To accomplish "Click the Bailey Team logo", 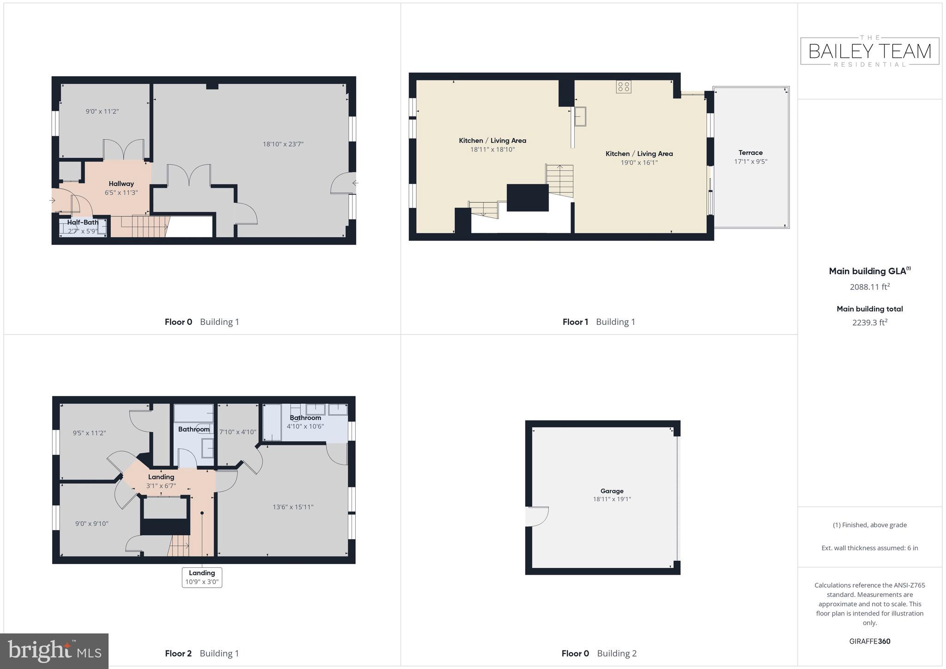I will (x=870, y=51).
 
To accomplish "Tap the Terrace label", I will (x=750, y=152).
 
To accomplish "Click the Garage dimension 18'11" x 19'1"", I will (x=612, y=499).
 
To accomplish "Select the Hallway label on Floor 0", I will (x=121, y=184).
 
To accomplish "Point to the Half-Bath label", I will (x=83, y=222).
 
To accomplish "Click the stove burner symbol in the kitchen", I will (x=623, y=86).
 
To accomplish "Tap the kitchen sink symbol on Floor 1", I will (x=580, y=116).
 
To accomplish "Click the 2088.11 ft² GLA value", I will (x=869, y=287).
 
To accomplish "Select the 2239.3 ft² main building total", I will (x=869, y=322).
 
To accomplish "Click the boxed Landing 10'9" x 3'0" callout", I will (x=202, y=578).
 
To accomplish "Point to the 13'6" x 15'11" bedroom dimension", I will (x=293, y=507).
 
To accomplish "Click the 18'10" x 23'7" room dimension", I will (x=283, y=144).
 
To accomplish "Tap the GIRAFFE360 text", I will (x=869, y=641).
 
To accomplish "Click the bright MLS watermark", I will (x=54, y=651).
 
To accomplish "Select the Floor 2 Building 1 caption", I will (x=202, y=653).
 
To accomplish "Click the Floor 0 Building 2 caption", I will (x=599, y=653).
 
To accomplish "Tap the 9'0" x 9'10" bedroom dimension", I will (x=91, y=523).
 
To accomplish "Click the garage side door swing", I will (x=537, y=516).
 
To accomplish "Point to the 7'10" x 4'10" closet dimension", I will (x=237, y=432).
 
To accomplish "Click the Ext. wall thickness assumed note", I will (x=869, y=548).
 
